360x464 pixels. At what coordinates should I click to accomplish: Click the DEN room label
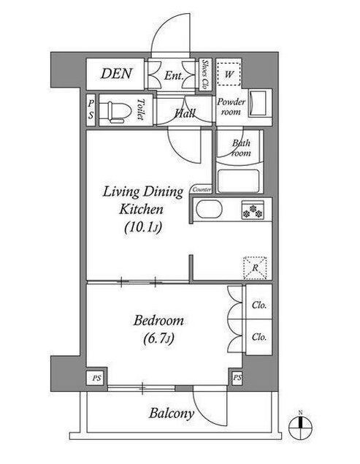pyautogui.click(x=116, y=74)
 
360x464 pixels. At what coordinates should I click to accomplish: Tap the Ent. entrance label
pyautogui.click(x=174, y=76)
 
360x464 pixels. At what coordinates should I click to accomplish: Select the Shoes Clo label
pyautogui.click(x=204, y=75)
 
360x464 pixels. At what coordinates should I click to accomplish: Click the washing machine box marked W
pyautogui.click(x=229, y=74)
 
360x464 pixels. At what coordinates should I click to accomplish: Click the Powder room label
pyautogui.click(x=231, y=107)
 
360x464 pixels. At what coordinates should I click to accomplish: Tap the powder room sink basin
pyautogui.click(x=258, y=103)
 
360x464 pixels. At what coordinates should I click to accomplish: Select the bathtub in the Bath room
pyautogui.click(x=239, y=180)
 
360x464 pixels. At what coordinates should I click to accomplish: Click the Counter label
pyautogui.click(x=202, y=189)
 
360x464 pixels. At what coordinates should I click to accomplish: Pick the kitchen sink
pyautogui.click(x=209, y=210)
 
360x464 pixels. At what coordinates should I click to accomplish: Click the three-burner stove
pyautogui.click(x=253, y=210)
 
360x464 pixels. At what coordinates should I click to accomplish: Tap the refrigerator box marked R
pyautogui.click(x=255, y=268)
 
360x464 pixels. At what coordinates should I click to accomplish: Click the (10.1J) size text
pyautogui.click(x=143, y=227)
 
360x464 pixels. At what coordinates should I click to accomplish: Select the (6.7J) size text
pyautogui.click(x=158, y=338)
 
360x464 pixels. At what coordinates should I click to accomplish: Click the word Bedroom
pyautogui.click(x=158, y=321)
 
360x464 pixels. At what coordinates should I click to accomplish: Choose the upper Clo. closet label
pyautogui.click(x=259, y=305)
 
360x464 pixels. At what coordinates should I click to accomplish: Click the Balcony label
pyautogui.click(x=172, y=414)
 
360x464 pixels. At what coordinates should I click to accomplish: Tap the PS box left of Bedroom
pyautogui.click(x=96, y=378)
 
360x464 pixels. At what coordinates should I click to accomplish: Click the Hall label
pyautogui.click(x=184, y=113)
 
